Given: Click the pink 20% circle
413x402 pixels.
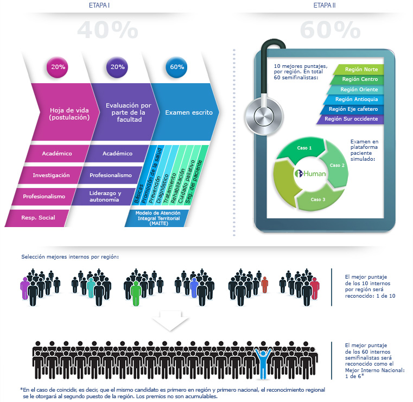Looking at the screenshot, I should pyautogui.click(x=58, y=67).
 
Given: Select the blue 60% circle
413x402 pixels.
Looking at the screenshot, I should pyautogui.click(x=177, y=67).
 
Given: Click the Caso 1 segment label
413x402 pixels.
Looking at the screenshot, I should pyautogui.click(x=304, y=148).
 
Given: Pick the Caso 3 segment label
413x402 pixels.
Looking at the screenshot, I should pyautogui.click(x=318, y=199).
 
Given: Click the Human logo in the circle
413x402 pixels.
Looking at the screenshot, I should pyautogui.click(x=310, y=174).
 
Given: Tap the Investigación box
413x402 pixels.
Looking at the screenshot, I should pyautogui.click(x=51, y=175).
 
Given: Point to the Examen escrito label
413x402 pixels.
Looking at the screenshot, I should pyautogui.click(x=185, y=113).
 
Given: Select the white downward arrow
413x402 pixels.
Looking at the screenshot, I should pyautogui.click(x=168, y=322).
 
